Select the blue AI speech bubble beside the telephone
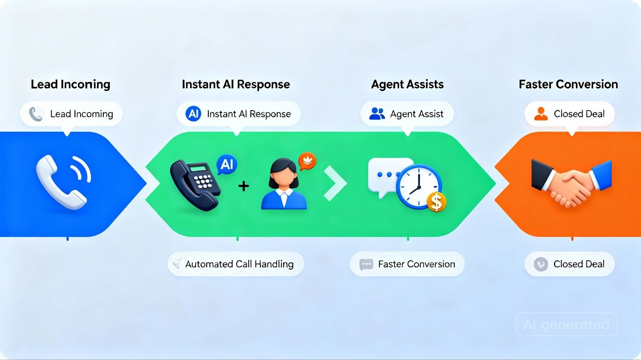[x=227, y=164]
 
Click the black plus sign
[x=244, y=186]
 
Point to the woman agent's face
[x=284, y=177]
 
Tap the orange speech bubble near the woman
[x=307, y=161]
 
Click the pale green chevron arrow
[x=335, y=183]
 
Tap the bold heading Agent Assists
[x=407, y=84]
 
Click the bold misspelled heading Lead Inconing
[x=71, y=84]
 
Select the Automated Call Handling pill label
[x=236, y=264]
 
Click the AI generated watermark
[x=566, y=324]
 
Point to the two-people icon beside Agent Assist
[x=377, y=114]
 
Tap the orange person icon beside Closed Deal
[x=541, y=114]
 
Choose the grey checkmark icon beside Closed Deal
[x=541, y=264]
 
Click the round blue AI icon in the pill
[x=194, y=114]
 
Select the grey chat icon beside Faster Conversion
[x=366, y=264]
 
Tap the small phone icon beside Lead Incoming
[x=36, y=114]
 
